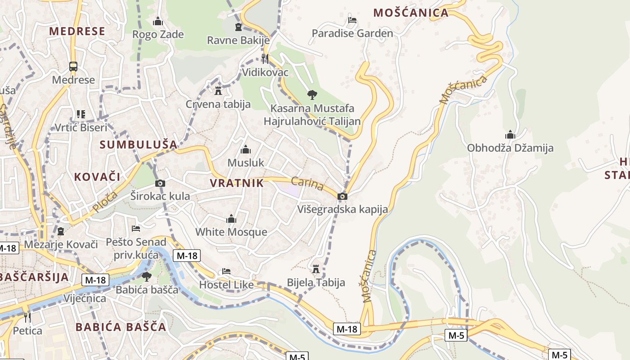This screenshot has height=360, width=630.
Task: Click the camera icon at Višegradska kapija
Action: pyautogui.click(x=342, y=196)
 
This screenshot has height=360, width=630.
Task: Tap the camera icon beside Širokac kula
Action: pyautogui.click(x=160, y=183)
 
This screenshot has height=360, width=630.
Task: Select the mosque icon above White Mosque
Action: pyautogui.click(x=231, y=219)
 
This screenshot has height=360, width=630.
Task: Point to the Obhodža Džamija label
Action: pyautogui.click(x=510, y=148)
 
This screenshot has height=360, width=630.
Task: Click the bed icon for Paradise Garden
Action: pyautogui.click(x=352, y=20)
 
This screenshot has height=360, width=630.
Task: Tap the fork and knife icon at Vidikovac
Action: pyautogui.click(x=265, y=58)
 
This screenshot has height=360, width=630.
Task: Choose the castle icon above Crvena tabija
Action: pyautogui.click(x=218, y=91)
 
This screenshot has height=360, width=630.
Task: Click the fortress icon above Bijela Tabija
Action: pyautogui.click(x=316, y=269)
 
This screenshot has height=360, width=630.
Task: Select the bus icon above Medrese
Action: pyautogui.click(x=73, y=67)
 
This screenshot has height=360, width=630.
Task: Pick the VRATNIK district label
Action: pyautogui.click(x=237, y=183)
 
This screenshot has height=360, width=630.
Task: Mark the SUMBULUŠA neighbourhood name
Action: pyautogui.click(x=139, y=144)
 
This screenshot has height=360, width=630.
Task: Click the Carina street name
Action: pyautogui.click(x=307, y=184)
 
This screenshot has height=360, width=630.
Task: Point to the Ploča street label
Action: pyautogui.click(x=105, y=202)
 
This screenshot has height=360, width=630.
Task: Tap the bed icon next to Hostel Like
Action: pyautogui.click(x=226, y=271)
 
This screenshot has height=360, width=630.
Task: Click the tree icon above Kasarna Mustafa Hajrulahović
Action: pyautogui.click(x=312, y=94)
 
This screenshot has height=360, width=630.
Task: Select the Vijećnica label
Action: pyautogui.click(x=85, y=298)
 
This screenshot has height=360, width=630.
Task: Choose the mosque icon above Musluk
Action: pyautogui.click(x=246, y=149)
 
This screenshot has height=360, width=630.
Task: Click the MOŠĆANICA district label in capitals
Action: pyautogui.click(x=411, y=13)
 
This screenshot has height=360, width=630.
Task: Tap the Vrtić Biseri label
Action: pyautogui.click(x=81, y=127)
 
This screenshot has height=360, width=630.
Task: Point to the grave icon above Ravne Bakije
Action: pyautogui.click(x=238, y=27)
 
